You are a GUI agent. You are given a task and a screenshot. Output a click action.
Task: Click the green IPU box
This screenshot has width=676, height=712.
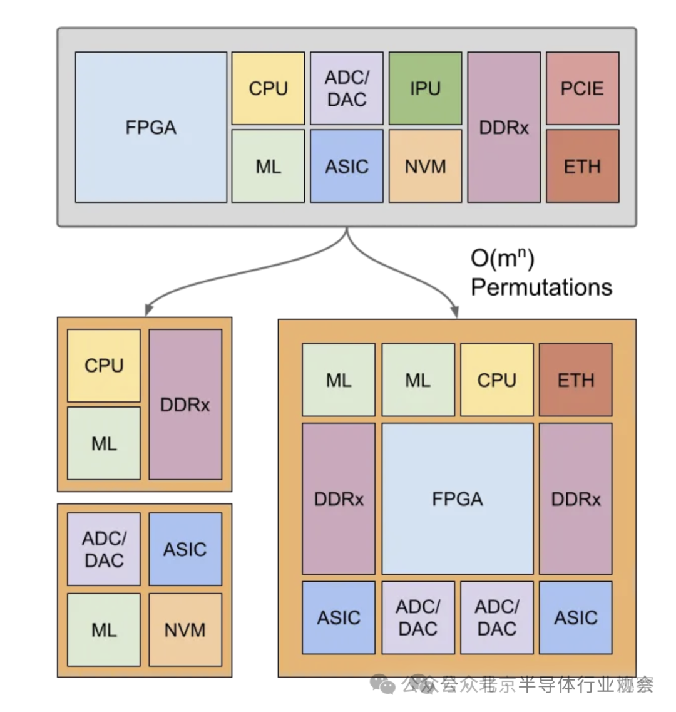[x=425, y=88]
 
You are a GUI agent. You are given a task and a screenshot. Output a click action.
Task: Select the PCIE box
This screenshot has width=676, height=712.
[x=582, y=88]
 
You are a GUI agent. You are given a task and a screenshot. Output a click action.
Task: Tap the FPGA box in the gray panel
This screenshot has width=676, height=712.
[x=151, y=127]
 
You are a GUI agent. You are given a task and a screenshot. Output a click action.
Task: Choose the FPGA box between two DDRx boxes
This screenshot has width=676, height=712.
[x=458, y=498]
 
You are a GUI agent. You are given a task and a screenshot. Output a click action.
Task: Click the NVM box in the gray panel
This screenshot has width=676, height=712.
[x=425, y=166]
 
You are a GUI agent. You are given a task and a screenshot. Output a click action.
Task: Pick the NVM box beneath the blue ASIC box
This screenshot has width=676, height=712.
[x=185, y=629]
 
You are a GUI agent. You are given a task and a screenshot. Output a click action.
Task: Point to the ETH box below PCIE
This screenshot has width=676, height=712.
[x=582, y=166]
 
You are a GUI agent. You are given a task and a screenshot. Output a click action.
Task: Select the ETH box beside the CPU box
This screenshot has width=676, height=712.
[x=575, y=379]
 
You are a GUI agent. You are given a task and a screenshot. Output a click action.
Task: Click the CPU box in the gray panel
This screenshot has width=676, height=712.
[x=268, y=88]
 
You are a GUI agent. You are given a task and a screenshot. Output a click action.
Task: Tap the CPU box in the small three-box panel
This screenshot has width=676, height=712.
[x=104, y=366]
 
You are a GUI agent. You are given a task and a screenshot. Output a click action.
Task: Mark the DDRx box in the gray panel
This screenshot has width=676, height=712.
[x=503, y=127]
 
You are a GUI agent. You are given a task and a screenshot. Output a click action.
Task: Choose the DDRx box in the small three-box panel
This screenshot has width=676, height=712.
[x=185, y=405]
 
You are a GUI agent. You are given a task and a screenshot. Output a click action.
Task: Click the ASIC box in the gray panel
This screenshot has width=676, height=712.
[x=347, y=166]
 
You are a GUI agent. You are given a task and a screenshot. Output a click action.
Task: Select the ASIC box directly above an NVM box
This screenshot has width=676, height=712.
[x=185, y=549]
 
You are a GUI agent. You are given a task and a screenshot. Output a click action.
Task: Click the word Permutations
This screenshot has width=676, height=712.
[x=541, y=287]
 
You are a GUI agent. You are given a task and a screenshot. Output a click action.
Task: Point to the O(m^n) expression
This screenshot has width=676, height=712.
[x=502, y=258]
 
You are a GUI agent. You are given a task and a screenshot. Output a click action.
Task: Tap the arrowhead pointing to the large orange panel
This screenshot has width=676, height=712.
[x=455, y=311]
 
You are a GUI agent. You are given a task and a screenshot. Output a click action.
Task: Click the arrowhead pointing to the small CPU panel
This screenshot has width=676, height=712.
[x=148, y=309]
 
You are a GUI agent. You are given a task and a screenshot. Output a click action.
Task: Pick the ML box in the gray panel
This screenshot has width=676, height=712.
[x=268, y=166]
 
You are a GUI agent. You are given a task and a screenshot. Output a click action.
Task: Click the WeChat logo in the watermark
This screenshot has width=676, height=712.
[x=382, y=684]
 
